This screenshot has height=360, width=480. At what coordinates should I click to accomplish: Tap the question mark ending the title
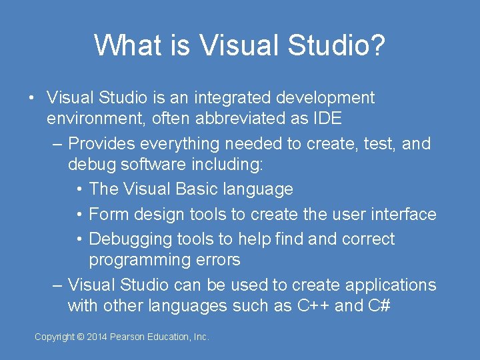coord(377,45)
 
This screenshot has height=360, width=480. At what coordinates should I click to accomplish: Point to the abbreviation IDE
coord(327,119)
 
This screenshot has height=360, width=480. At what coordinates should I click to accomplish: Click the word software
coord(156,165)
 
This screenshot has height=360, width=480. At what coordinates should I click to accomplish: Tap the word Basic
coord(199,189)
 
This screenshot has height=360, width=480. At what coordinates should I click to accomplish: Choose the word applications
coord(383,285)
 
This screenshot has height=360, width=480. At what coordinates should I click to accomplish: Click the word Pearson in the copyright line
coord(131,337)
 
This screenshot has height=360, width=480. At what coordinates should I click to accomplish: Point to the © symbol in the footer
coord(80,337)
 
